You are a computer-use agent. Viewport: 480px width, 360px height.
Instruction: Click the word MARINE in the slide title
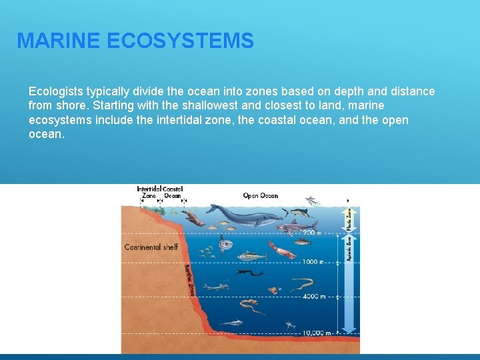(58, 41)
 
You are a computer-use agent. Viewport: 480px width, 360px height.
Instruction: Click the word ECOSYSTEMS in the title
(179, 41)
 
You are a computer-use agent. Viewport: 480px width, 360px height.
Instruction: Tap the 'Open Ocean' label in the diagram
(260, 195)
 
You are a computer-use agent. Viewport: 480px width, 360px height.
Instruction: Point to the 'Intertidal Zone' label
(149, 193)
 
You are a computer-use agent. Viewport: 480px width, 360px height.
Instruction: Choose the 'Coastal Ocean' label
(173, 193)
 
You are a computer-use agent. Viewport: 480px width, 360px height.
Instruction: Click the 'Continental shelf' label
(151, 247)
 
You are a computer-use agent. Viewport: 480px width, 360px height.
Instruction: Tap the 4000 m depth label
(313, 297)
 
